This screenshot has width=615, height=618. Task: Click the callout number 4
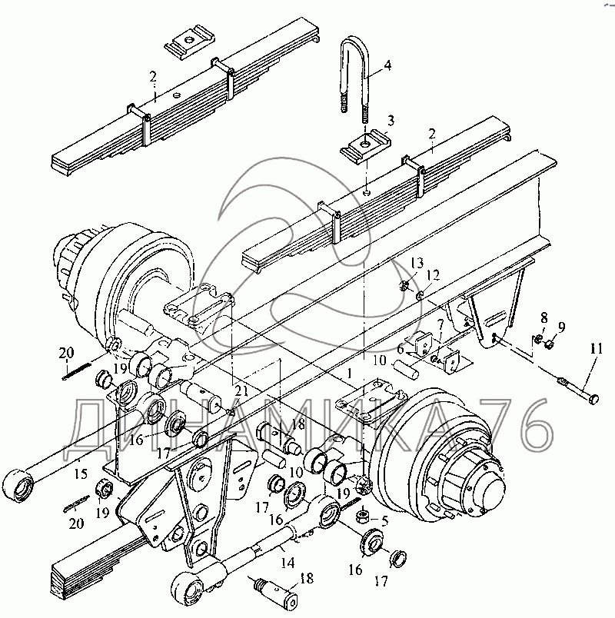tap(387, 66)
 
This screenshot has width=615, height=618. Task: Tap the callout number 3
tap(391, 120)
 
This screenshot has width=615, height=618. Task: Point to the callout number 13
tap(416, 264)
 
